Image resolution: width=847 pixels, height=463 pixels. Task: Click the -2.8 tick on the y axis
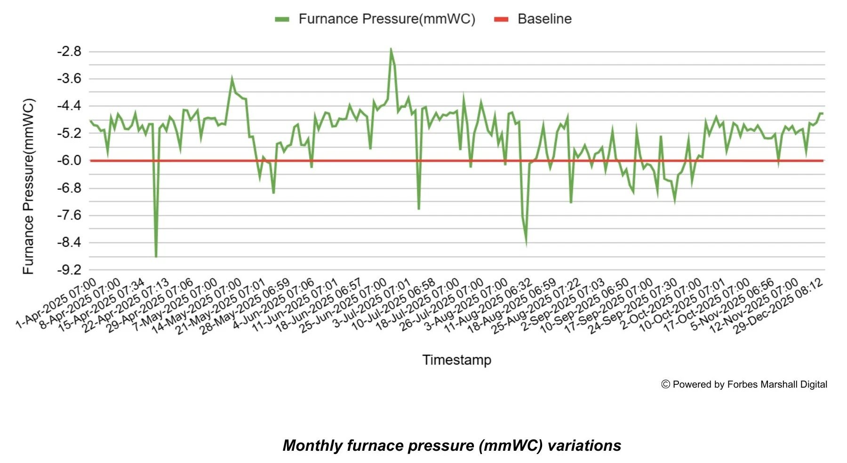(69, 51)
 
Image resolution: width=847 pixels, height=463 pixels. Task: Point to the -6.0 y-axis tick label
(69, 161)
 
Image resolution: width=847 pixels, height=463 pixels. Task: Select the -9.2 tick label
(69, 270)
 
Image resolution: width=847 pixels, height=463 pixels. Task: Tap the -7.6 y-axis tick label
(69, 215)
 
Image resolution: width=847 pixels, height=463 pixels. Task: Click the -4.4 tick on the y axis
(69, 106)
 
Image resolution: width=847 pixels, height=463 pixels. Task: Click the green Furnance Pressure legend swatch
(282, 19)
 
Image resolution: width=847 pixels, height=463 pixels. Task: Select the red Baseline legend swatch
(501, 19)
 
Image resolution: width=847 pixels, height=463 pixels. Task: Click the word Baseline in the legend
(544, 19)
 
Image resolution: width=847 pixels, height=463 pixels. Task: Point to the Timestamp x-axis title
(456, 360)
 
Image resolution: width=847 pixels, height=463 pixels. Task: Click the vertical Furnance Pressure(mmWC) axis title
(29, 187)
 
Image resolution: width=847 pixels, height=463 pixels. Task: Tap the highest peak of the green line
(391, 49)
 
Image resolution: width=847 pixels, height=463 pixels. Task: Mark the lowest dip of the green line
(156, 256)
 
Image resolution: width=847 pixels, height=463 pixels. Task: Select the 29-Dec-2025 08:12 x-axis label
(780, 306)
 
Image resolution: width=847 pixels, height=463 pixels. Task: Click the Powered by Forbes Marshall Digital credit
(750, 384)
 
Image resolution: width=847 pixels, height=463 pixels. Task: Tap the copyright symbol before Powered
(665, 384)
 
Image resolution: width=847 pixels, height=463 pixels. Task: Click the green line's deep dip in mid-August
(526, 243)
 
